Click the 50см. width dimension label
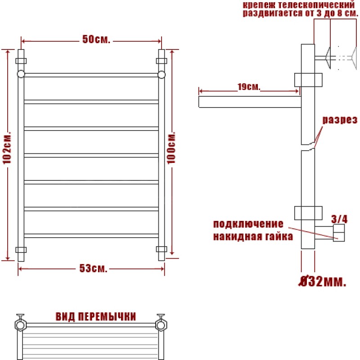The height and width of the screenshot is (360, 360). pyautogui.click(x=96, y=40)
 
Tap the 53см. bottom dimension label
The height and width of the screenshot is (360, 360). pyautogui.click(x=93, y=268)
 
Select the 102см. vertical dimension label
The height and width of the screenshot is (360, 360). pyautogui.click(x=7, y=148)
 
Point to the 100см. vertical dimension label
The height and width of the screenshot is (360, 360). pyautogui.click(x=171, y=148)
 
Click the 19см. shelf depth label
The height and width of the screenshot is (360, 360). pyautogui.click(x=249, y=87)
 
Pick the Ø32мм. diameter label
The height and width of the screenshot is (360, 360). pyautogui.click(x=322, y=282)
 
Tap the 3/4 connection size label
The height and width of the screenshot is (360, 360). pyautogui.click(x=339, y=219)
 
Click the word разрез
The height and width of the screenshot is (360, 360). pyautogui.click(x=340, y=120)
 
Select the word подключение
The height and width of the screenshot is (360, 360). pyautogui.click(x=248, y=224)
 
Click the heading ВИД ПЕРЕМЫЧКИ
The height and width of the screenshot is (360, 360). pyautogui.click(x=96, y=317)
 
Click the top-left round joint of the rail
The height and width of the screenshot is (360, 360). pyautogui.click(x=21, y=74)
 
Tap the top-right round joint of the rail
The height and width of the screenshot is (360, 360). pyautogui.click(x=162, y=75)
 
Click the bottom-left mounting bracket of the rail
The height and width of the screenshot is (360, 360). pyautogui.click(x=21, y=250)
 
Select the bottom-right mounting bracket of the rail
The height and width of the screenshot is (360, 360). pyautogui.click(x=162, y=249)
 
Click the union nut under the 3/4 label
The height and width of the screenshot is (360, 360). pyautogui.click(x=339, y=233)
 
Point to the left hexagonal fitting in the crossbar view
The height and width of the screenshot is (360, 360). pyautogui.click(x=21, y=324)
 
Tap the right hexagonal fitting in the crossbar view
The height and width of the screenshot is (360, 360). pyautogui.click(x=161, y=324)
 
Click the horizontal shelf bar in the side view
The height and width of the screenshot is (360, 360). pyautogui.click(x=250, y=102)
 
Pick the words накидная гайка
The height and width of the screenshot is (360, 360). pyautogui.click(x=253, y=237)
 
